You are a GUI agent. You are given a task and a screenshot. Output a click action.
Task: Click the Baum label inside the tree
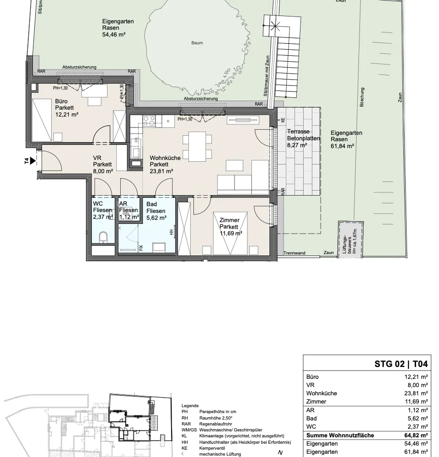click(197, 43)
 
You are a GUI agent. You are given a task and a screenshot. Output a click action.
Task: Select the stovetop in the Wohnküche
click(149, 121)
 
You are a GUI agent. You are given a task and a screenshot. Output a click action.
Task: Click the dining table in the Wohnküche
click(197, 147)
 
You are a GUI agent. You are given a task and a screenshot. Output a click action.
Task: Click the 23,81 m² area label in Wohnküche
click(161, 171)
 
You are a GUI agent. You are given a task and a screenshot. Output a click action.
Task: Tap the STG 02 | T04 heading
click(401, 364)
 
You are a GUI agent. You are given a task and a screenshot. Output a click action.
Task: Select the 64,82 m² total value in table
click(416, 436)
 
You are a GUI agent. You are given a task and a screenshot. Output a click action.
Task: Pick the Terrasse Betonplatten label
click(303, 135)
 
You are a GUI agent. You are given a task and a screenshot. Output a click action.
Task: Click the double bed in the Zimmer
click(230, 233)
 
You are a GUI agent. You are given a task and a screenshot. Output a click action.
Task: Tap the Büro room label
click(61, 101)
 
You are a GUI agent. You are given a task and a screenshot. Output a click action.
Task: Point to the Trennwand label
click(294, 253)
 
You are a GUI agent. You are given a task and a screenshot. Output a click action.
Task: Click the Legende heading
click(190, 406)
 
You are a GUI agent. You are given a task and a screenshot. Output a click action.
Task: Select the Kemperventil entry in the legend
click(212, 448)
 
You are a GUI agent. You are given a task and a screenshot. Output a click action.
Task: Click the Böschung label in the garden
click(362, 97)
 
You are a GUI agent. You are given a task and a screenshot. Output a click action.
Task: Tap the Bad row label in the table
click(311, 419)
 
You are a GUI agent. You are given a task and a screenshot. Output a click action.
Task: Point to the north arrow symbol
click(280, 452)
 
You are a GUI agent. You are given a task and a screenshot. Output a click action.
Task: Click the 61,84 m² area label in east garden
click(343, 146)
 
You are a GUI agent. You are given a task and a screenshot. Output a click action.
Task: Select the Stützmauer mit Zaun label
click(267, 76)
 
